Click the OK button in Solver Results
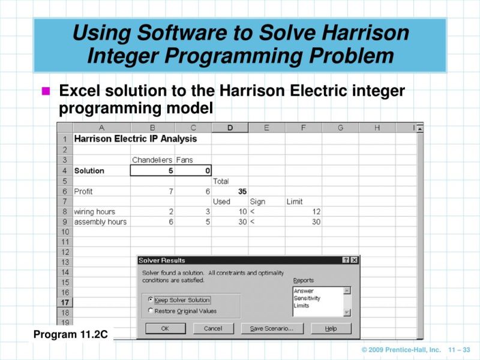165,328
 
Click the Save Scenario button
272,328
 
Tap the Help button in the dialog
331,328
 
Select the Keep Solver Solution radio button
151,299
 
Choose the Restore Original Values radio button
151,311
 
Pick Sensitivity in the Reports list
307,298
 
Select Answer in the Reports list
304,291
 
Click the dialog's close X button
355,260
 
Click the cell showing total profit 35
230,191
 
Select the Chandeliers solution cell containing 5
153,170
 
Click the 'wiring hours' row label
94,212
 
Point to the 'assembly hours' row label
100,222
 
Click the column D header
230,128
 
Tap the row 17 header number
65,302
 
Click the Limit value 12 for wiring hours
304,212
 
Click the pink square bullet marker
46,92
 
